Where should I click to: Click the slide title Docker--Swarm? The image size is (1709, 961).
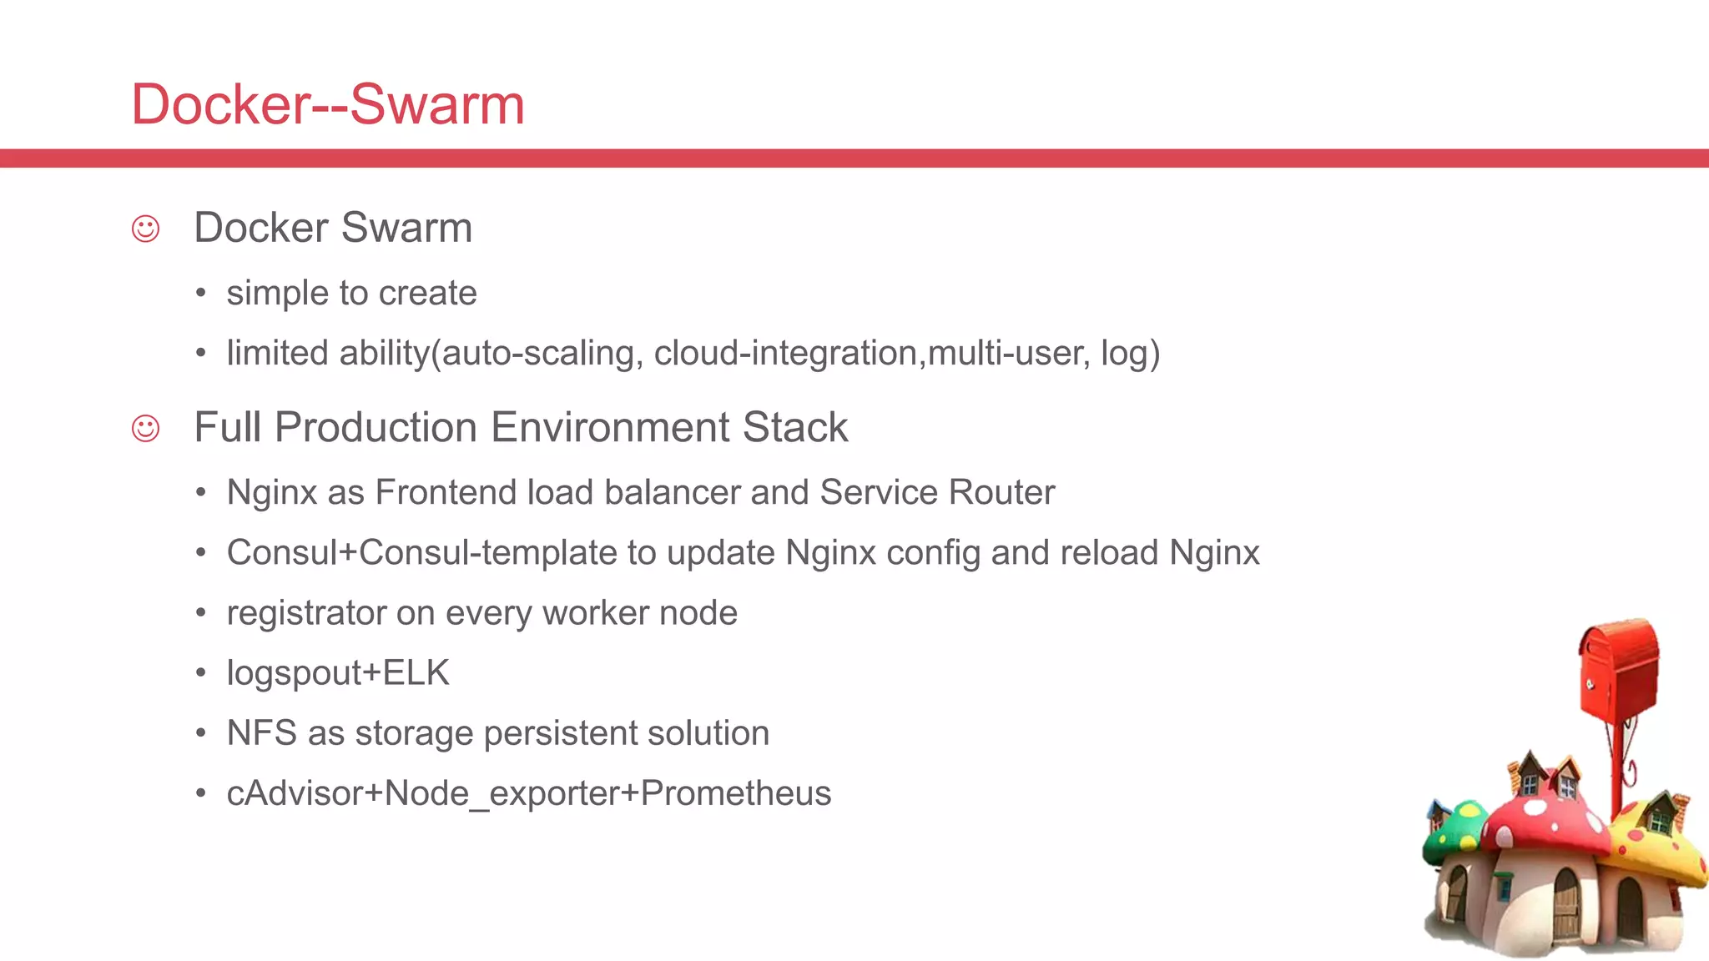tap(328, 105)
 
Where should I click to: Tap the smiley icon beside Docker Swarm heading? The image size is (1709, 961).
tap(145, 229)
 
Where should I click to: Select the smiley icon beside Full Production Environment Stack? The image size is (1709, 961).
tap(145, 429)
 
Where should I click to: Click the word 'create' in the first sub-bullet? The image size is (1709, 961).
tap(427, 294)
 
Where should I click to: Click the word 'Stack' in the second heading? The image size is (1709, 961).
tap(795, 428)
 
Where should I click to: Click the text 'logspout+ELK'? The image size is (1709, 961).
tap(338, 673)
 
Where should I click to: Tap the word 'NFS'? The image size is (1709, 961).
tap(262, 733)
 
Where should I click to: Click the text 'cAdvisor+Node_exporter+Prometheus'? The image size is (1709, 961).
tap(529, 793)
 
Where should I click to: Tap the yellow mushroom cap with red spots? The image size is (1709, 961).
tap(1661, 843)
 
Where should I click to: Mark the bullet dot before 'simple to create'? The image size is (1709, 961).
tap(200, 294)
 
